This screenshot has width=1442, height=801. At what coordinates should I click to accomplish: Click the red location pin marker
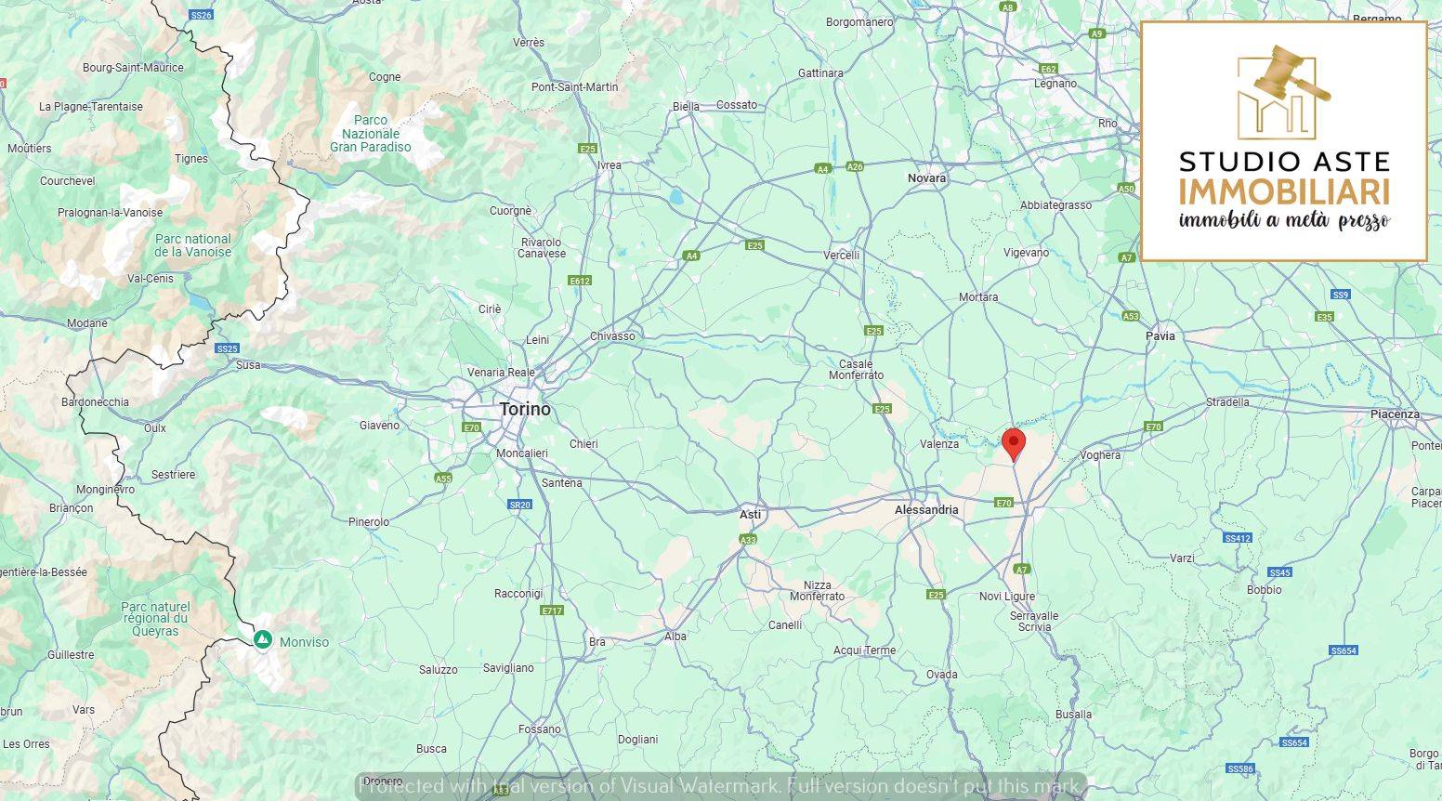point(1014,443)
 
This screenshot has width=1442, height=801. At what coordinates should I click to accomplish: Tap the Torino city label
point(525,409)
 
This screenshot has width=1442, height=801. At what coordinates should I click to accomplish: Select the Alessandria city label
point(926,510)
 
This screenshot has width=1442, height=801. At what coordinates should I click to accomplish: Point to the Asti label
point(750,514)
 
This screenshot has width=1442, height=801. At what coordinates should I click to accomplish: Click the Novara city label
point(926,177)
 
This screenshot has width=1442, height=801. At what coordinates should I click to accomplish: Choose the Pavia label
point(1160,336)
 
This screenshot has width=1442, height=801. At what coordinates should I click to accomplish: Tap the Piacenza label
point(1395,414)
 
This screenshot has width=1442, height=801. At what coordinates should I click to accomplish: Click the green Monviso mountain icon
point(263,640)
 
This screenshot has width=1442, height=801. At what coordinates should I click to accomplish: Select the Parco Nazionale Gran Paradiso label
point(371,134)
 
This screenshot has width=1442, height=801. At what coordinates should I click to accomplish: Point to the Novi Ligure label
point(1007,597)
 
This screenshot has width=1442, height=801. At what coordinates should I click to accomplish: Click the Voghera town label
point(1100,455)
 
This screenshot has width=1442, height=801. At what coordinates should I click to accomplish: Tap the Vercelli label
point(842,255)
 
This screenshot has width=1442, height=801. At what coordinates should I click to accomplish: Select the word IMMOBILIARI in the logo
point(1284,192)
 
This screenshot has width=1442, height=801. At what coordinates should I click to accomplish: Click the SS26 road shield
point(201,15)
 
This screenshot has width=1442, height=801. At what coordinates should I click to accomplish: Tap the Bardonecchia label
point(95,402)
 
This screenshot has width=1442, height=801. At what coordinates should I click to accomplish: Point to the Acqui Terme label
point(864,650)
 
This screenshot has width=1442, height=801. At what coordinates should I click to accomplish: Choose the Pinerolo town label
point(369,522)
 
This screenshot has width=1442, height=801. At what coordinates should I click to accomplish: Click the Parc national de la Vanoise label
point(192,245)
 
